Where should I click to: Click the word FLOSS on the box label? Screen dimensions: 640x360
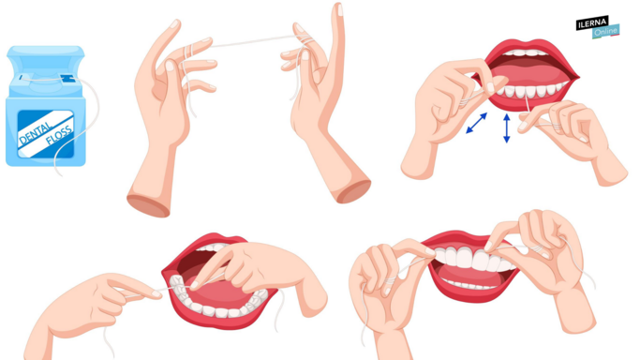(x=59, y=135)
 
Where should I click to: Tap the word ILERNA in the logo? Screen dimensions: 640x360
(x=592, y=23)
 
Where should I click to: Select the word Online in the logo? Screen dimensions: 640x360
(x=605, y=32)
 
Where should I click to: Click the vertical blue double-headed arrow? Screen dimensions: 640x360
(x=507, y=128)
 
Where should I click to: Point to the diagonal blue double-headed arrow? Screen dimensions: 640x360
(x=476, y=123)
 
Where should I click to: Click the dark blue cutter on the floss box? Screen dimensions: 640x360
(x=67, y=79)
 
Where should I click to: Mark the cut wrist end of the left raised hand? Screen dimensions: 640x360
(x=148, y=205)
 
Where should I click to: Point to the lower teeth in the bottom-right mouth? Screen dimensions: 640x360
(x=469, y=284)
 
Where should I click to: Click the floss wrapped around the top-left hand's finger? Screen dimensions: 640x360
(x=188, y=51)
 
